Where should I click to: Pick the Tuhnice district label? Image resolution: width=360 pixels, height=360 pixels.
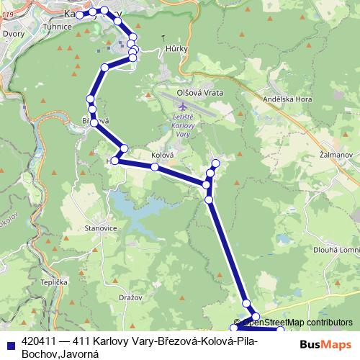coord(58,27)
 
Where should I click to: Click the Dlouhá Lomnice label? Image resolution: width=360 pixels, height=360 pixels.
coord(336,250)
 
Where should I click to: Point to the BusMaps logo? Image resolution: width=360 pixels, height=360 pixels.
coord(325,344)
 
